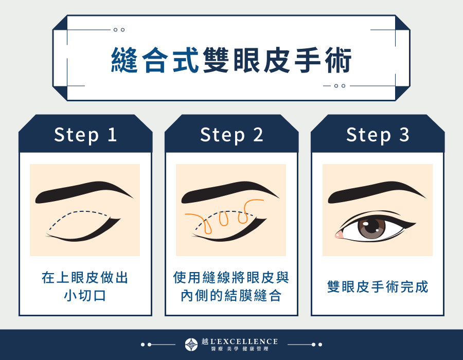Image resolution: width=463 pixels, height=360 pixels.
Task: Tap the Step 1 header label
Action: [x=85, y=135]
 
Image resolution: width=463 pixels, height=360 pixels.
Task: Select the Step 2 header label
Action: [x=232, y=135]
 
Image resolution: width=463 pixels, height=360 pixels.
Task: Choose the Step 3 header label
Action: [x=378, y=135]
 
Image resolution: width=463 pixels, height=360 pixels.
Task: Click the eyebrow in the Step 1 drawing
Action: [x=82, y=191]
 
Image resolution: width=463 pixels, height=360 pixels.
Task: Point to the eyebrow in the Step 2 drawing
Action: [x=228, y=191]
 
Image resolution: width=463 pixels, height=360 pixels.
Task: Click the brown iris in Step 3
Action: [x=371, y=228]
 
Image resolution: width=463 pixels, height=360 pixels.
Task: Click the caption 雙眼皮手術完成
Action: [x=378, y=286]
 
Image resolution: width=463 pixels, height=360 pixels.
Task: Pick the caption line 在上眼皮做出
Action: [x=85, y=278]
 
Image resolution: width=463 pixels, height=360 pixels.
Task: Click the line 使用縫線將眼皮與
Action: [x=232, y=278]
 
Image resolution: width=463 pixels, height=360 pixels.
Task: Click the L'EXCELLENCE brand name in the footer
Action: [x=246, y=341]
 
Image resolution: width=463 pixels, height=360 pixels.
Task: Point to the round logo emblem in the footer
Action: [x=191, y=345]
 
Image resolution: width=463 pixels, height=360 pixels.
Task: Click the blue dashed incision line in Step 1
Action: [x=77, y=213]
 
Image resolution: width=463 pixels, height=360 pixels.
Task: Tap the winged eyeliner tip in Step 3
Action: [x=414, y=222]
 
